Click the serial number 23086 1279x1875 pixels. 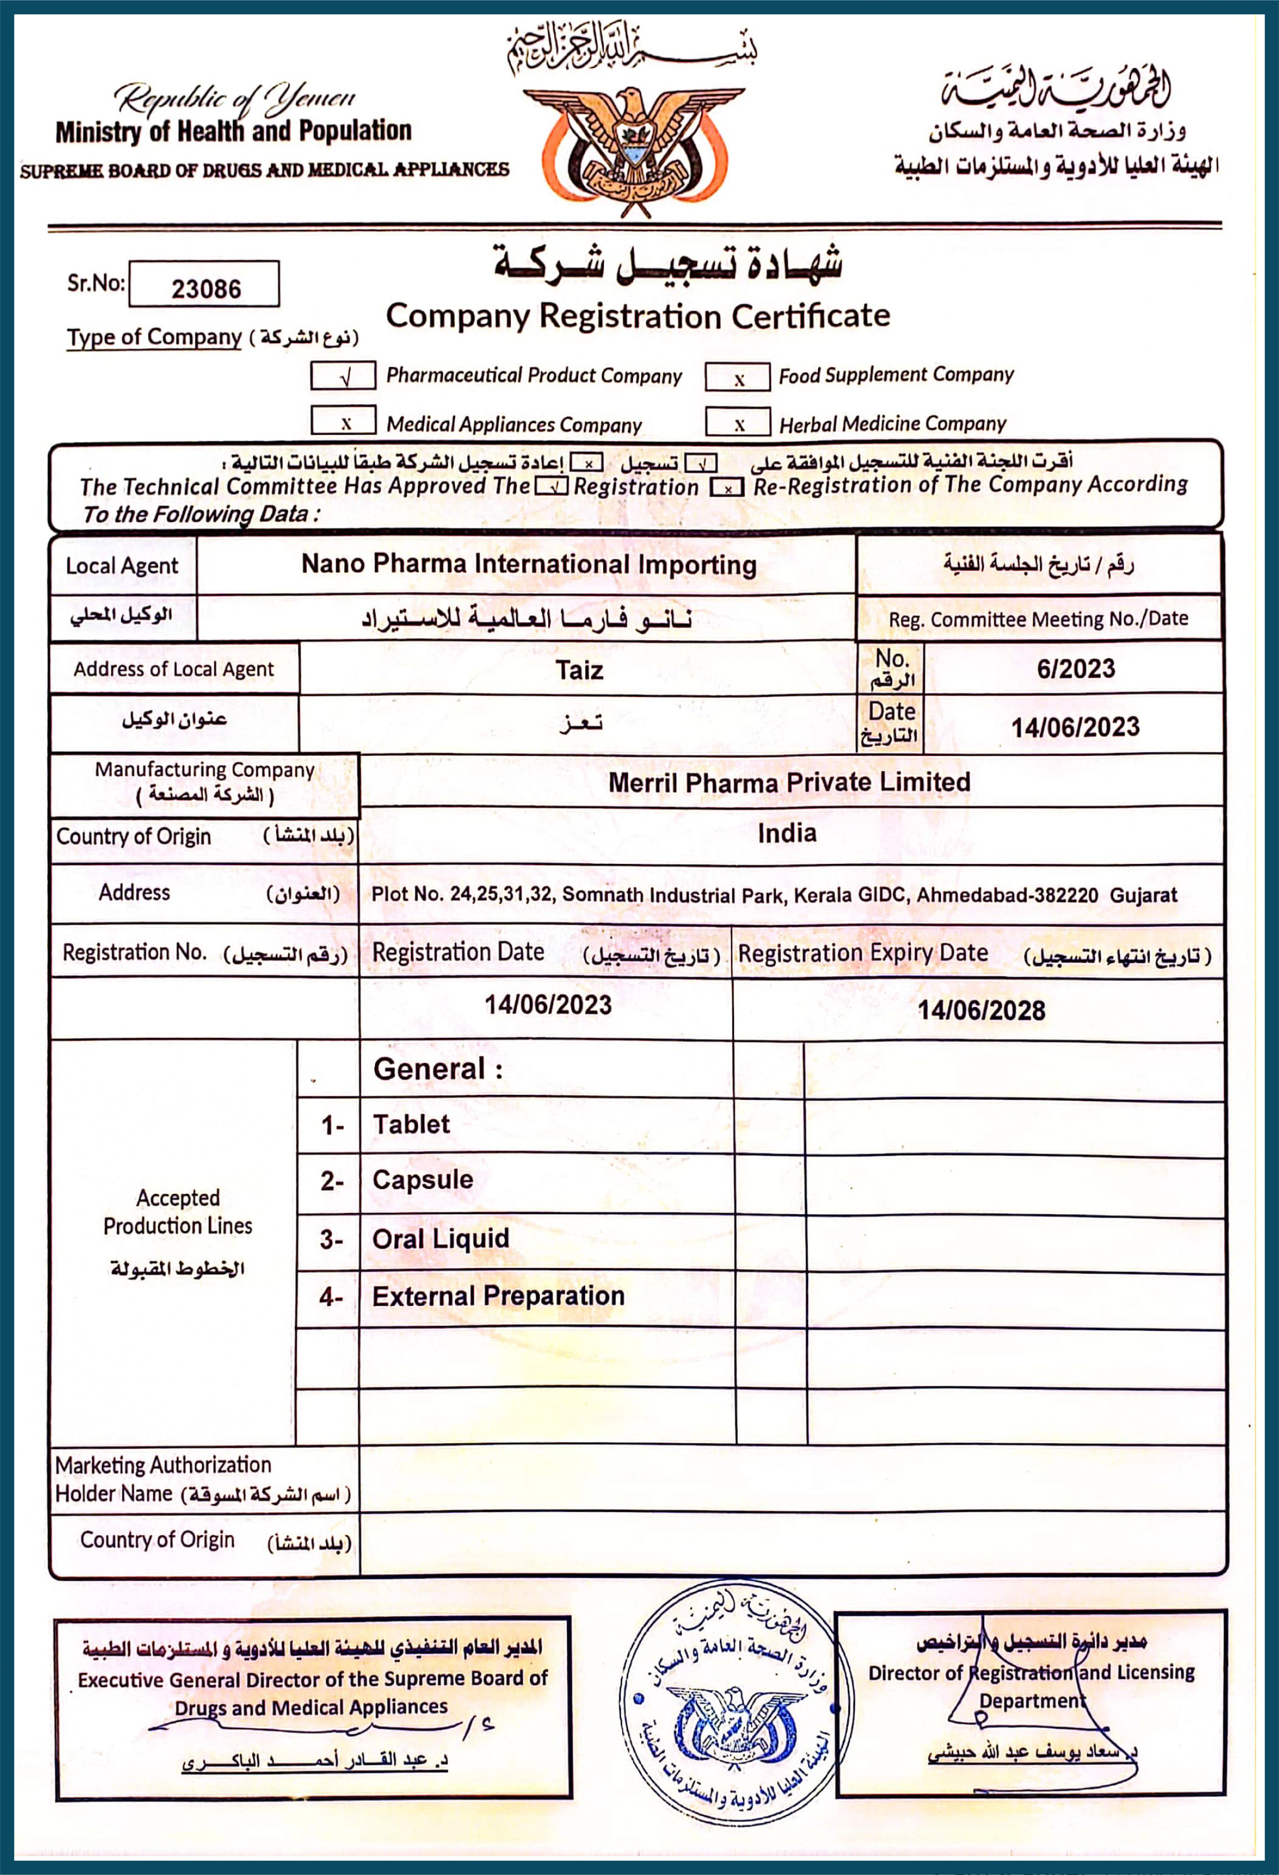click(206, 288)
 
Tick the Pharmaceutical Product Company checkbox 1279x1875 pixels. click(344, 376)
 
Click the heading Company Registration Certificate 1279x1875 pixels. click(637, 316)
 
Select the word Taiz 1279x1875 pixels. click(579, 670)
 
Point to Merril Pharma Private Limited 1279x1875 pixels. click(789, 782)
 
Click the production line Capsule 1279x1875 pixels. click(422, 1180)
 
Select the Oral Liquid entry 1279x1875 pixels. click(440, 1239)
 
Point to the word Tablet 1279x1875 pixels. click(411, 1124)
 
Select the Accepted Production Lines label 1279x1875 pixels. click(177, 1211)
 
